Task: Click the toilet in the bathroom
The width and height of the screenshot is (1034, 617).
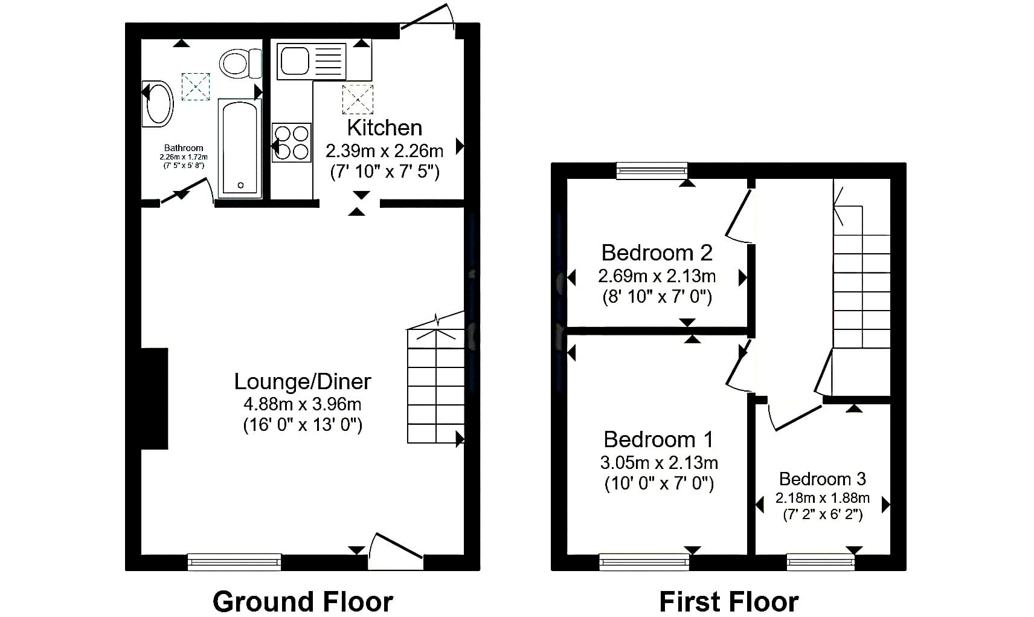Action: [x=240, y=63]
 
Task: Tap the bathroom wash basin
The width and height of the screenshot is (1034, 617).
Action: [x=158, y=103]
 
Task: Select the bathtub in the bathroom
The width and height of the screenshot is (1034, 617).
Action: [x=240, y=148]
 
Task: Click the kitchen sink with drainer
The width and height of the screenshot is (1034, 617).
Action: [x=311, y=62]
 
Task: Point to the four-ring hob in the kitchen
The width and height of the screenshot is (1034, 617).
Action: [x=291, y=142]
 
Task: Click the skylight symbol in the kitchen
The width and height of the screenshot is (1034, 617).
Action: [x=358, y=99]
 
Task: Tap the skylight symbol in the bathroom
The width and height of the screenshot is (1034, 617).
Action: [x=196, y=86]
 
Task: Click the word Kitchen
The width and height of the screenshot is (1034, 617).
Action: [x=385, y=128]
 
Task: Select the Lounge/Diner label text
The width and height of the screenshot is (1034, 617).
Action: [x=303, y=381]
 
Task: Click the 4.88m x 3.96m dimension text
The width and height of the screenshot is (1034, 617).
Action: [x=303, y=404]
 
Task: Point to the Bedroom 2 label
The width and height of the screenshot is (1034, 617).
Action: [x=657, y=253]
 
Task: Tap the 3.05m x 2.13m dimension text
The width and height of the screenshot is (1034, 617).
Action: [x=659, y=462]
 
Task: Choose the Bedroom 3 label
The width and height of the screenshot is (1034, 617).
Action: [x=823, y=479]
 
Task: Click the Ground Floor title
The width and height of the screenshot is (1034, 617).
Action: [x=303, y=602]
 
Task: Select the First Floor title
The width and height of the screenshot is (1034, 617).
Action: [x=729, y=602]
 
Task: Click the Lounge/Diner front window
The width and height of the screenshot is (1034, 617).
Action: [x=234, y=562]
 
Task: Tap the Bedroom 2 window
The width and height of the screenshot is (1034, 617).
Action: [x=652, y=171]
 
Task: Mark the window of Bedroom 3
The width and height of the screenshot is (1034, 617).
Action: [x=821, y=562]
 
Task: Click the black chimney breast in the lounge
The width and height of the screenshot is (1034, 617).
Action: [x=155, y=399]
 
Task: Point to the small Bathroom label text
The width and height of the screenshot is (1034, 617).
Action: [x=184, y=148]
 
